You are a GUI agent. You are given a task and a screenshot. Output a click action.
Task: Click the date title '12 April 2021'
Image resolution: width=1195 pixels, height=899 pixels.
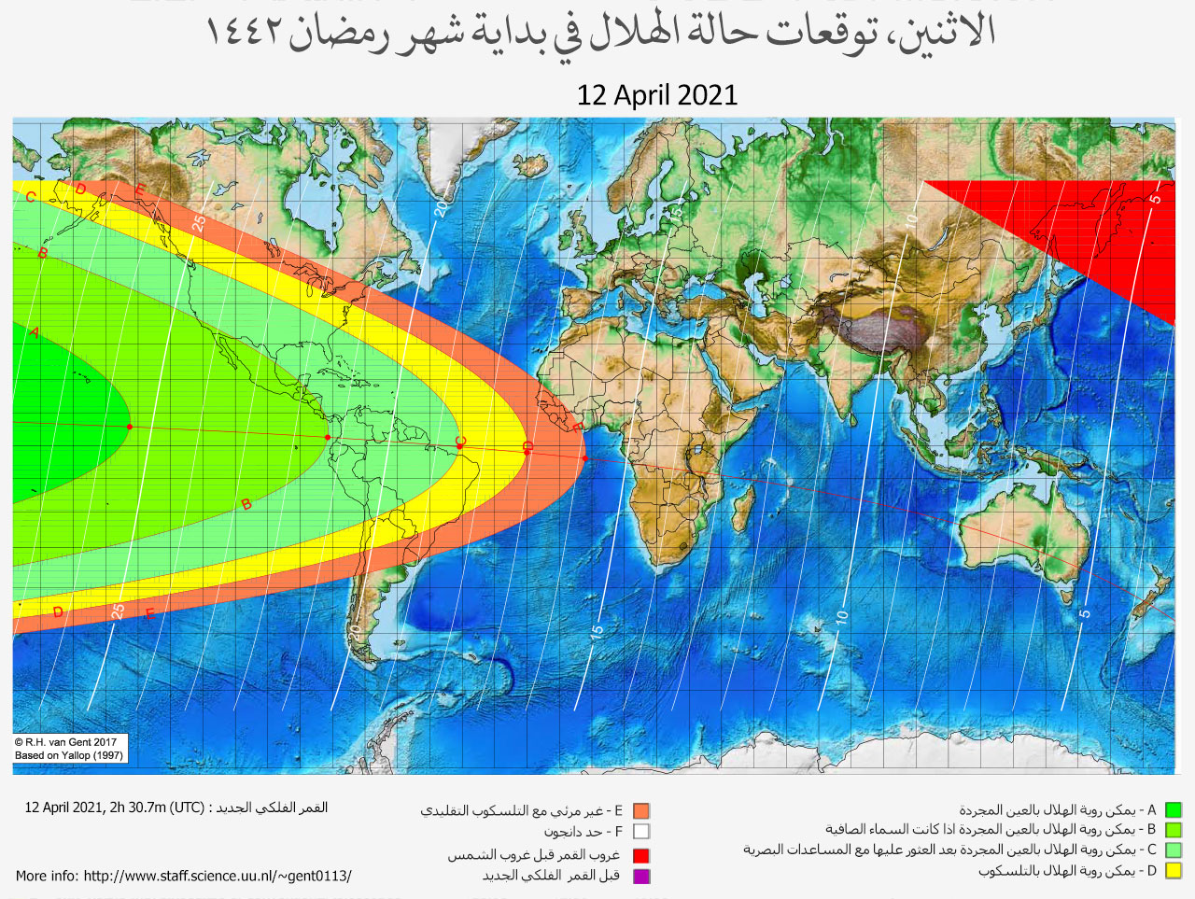tap(657, 95)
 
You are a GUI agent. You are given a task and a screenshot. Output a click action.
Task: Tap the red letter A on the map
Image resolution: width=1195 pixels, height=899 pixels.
tap(35, 332)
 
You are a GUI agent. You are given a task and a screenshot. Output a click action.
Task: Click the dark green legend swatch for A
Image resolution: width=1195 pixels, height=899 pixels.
tap(1174, 810)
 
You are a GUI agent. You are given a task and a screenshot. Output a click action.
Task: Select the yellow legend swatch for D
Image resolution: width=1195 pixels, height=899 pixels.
tap(1174, 871)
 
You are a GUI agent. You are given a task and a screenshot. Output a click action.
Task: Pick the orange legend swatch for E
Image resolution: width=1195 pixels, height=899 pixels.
tap(640, 811)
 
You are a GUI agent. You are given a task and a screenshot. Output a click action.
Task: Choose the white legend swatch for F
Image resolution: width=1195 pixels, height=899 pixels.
tap(640, 832)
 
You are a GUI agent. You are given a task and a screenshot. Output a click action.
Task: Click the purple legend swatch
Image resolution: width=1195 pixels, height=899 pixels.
tap(640, 876)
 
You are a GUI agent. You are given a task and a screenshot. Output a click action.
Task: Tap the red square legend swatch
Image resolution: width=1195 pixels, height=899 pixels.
tap(640, 855)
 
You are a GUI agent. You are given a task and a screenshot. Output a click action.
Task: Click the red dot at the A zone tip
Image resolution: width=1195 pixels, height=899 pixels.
tap(130, 428)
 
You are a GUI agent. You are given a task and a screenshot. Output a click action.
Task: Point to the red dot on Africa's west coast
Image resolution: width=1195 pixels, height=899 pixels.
tap(584, 458)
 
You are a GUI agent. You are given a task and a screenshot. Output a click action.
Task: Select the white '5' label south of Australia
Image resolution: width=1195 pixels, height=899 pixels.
tap(1085, 613)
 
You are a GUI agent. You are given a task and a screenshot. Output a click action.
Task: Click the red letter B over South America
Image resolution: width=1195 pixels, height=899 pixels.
tap(246, 504)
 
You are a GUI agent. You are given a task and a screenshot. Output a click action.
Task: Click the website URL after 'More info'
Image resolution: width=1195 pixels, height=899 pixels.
tap(218, 876)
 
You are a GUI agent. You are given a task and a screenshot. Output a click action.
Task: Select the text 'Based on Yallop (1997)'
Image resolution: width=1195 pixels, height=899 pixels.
tap(69, 755)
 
